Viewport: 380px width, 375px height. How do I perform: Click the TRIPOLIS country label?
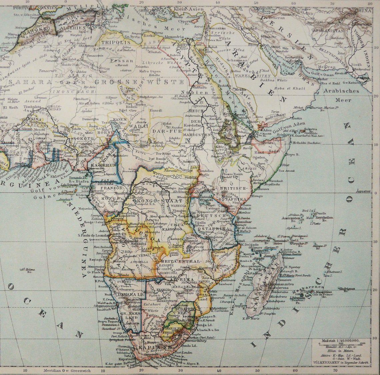click(x=116, y=42)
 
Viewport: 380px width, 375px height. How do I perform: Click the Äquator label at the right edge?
click(x=363, y=191)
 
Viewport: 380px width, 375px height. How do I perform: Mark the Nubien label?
click(x=190, y=92)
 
